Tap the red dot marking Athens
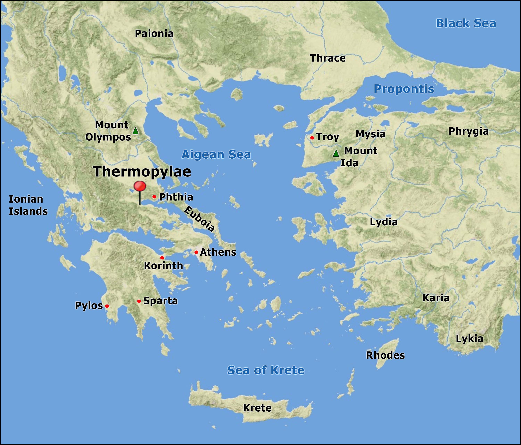[x=196, y=252]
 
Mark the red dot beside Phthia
[x=154, y=197]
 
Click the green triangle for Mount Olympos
[x=135, y=131]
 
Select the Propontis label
[x=404, y=89]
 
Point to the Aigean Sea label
[x=216, y=154]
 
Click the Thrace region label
[x=328, y=58]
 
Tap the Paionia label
[x=154, y=34]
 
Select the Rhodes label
[x=385, y=355]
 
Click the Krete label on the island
[x=257, y=408]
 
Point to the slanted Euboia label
[x=199, y=219]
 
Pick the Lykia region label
[x=469, y=339]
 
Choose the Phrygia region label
[x=468, y=131]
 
